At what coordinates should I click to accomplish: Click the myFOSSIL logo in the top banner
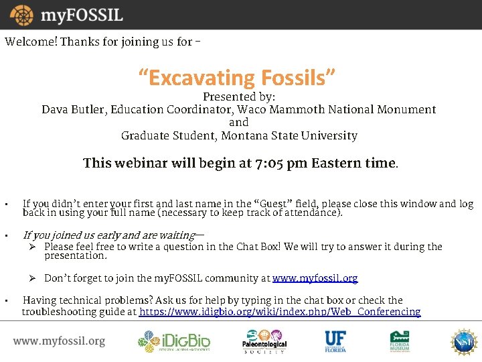coord(64,15)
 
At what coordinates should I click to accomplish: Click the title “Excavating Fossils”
coord(236,78)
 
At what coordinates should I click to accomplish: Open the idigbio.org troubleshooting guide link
coord(280,312)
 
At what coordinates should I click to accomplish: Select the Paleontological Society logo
coord(264,341)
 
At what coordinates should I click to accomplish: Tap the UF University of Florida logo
coord(335,341)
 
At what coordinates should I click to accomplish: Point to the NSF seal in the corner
coord(463,341)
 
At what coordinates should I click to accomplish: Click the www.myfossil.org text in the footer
coord(59,341)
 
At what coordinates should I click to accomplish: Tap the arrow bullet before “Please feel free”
coord(31,247)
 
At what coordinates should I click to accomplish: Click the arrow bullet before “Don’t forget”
coord(31,278)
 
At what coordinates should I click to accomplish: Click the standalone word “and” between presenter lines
coord(239,122)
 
